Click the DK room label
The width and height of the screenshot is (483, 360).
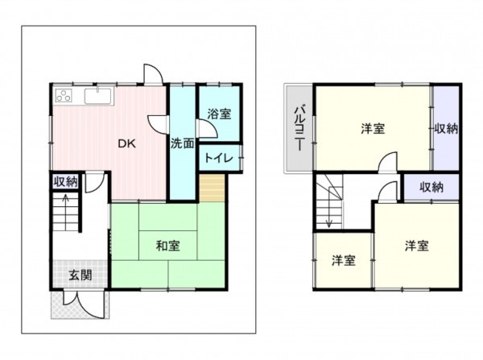(x=126, y=144)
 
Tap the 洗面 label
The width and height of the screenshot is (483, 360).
(x=183, y=144)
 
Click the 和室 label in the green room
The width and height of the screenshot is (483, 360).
(x=167, y=246)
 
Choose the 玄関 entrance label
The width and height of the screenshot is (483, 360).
(x=80, y=274)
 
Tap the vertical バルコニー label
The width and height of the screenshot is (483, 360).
(x=297, y=129)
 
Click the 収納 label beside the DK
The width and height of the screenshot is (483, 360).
(x=66, y=181)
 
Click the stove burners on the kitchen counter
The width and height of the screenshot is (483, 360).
(x=64, y=97)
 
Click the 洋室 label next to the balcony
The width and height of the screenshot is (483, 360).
(x=372, y=128)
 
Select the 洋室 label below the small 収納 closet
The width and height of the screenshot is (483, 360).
(x=415, y=245)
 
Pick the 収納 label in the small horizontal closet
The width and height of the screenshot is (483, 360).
(x=431, y=187)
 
